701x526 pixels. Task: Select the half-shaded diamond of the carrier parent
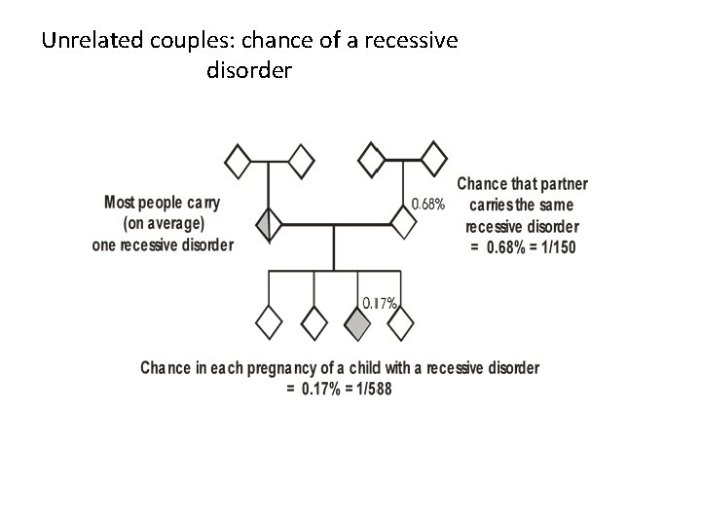269,225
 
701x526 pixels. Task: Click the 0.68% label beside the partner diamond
428,205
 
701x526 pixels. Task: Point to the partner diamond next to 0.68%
404,222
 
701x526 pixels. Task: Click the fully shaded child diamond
358,321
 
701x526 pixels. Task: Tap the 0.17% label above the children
379,303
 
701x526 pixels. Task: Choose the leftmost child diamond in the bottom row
269,321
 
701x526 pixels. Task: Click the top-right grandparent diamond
433,157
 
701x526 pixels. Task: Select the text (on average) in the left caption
163,223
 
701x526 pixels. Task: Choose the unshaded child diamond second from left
314,321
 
